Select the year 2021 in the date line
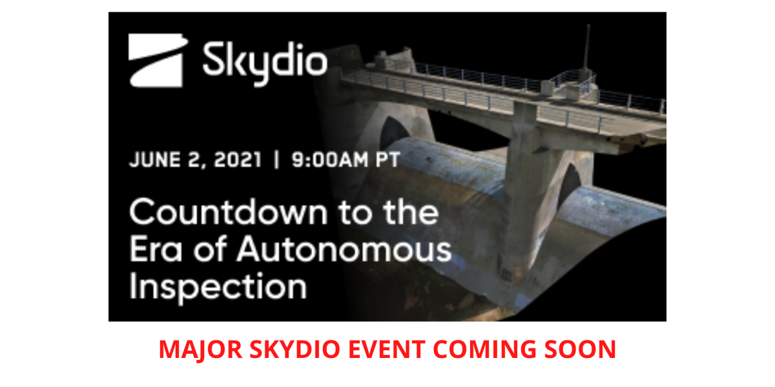click(238, 160)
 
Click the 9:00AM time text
click(331, 160)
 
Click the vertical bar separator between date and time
click(276, 160)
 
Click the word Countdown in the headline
click(229, 212)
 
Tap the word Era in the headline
click(156, 249)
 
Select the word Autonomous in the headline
click(344, 249)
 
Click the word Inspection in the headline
click(218, 287)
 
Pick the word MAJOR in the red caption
click(201, 350)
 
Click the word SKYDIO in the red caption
click(294, 350)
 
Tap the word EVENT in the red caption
click(386, 350)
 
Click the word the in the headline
click(411, 212)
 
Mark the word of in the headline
click(210, 248)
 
